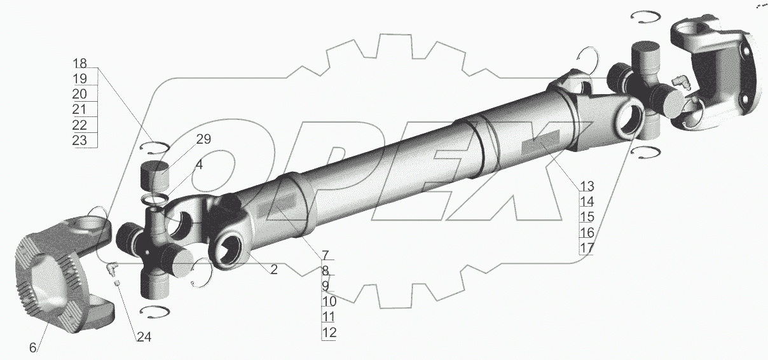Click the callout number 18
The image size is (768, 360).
tap(80, 64)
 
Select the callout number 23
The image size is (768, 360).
tap(79, 141)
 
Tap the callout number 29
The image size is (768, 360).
tap(203, 139)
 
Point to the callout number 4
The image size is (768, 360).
tap(199, 165)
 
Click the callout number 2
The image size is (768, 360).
tap(273, 270)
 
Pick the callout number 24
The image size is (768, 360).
tap(144, 337)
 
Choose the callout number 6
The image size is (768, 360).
tap(32, 348)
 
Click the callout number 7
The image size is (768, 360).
tap(326, 255)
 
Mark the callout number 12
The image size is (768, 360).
tap(329, 333)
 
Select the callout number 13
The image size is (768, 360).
tap(587, 186)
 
